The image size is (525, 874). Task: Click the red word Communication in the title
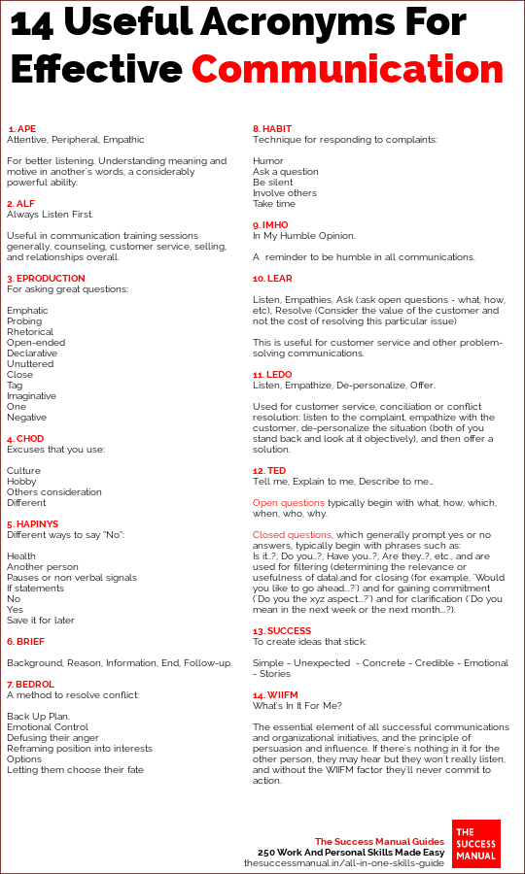pyautogui.click(x=347, y=70)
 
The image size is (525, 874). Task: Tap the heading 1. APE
pyautogui.click(x=21, y=128)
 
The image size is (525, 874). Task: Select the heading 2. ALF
pyautogui.click(x=21, y=203)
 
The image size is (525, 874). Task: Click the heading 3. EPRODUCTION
pyautogui.click(x=46, y=279)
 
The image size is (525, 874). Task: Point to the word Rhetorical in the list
pyautogui.click(x=30, y=332)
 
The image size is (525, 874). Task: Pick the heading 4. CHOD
pyautogui.click(x=25, y=439)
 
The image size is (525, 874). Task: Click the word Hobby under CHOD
pyautogui.click(x=21, y=482)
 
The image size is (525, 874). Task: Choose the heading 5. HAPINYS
pyautogui.click(x=33, y=524)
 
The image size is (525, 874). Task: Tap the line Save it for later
pyautogui.click(x=40, y=621)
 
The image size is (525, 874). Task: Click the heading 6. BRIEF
pyautogui.click(x=25, y=642)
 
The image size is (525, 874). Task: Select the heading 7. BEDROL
pyautogui.click(x=31, y=685)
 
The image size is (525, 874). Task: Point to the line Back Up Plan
pyautogui.click(x=39, y=717)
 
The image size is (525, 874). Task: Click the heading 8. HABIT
pyautogui.click(x=272, y=128)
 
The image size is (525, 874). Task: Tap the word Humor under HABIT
pyautogui.click(x=268, y=160)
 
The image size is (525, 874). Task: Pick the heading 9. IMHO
pyautogui.click(x=270, y=225)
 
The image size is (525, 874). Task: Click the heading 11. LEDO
pyautogui.click(x=272, y=374)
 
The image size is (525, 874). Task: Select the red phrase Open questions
pyautogui.click(x=289, y=503)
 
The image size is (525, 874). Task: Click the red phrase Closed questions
pyautogui.click(x=293, y=535)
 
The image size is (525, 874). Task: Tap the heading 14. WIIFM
pyautogui.click(x=276, y=695)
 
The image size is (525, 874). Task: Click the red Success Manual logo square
pyautogui.click(x=476, y=844)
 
